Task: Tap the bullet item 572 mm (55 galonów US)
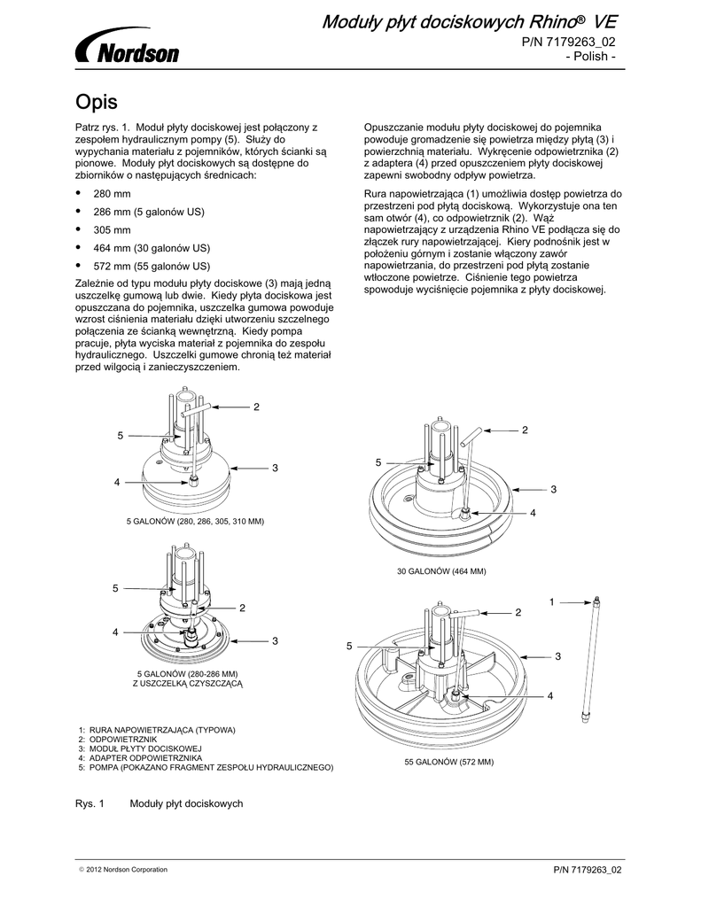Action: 151,266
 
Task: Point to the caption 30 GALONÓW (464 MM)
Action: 441,571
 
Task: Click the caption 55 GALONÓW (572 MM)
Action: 448,762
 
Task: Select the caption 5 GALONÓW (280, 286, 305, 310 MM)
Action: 197,522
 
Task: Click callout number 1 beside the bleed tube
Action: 550,602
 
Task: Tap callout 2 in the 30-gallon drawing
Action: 525,430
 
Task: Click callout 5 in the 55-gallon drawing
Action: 349,647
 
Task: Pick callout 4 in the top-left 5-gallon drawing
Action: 116,482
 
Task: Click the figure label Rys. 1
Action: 90,802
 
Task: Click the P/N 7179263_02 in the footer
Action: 588,869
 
